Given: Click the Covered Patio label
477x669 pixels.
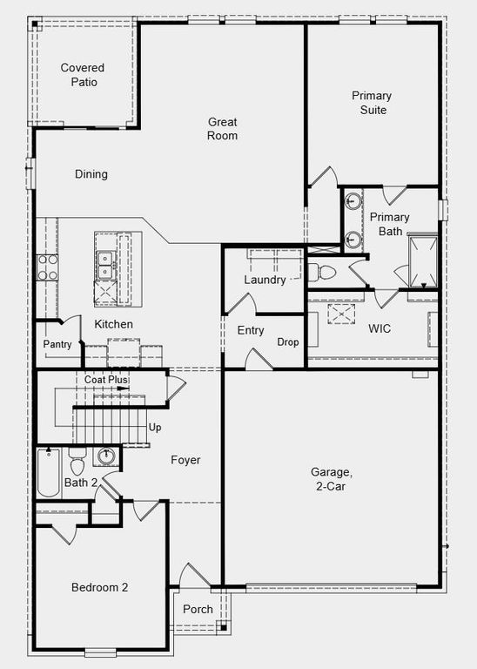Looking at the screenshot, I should click(x=83, y=75).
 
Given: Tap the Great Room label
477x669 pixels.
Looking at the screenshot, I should click(x=223, y=129).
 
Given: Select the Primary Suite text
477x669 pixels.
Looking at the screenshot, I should click(x=371, y=103).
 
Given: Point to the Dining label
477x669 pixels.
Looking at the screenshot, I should click(x=91, y=174).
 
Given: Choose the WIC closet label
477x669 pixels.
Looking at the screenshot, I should click(x=380, y=328).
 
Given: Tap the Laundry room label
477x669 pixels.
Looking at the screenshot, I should click(x=265, y=280).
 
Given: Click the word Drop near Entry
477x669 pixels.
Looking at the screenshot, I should click(x=288, y=342).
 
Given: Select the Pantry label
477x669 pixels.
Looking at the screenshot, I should click(x=57, y=344).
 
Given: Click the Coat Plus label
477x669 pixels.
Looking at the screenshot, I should click(x=106, y=380).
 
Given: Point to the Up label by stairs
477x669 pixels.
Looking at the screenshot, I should click(x=155, y=428).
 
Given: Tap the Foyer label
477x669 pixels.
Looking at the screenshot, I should click(x=185, y=460).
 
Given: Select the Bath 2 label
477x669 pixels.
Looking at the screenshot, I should click(x=81, y=482).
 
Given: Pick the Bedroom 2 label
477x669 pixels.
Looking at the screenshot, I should click(x=100, y=588).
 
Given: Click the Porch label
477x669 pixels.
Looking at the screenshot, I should click(x=198, y=609).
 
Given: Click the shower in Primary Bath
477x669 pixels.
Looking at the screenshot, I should click(x=422, y=260).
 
